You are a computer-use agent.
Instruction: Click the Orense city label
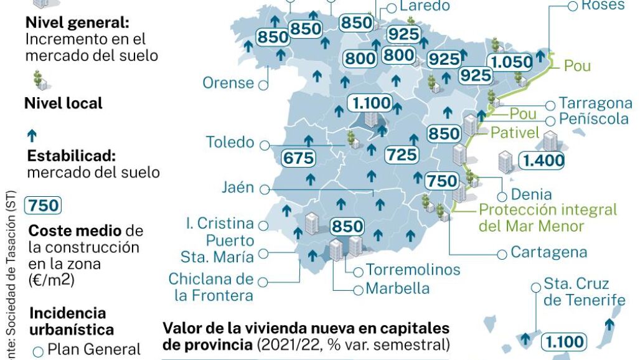pyautogui.click(x=228, y=83)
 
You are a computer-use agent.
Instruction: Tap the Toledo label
pyautogui.click(x=230, y=143)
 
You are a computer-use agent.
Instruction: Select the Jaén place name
pyautogui.click(x=238, y=187)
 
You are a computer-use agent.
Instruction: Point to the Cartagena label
pyautogui.click(x=548, y=252)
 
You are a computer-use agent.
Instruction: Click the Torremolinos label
pyautogui.click(x=413, y=270)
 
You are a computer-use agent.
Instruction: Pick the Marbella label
pyautogui.click(x=397, y=288)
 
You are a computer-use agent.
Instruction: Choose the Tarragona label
pyautogui.click(x=595, y=103)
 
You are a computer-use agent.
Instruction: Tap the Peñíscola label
pyautogui.click(x=593, y=118)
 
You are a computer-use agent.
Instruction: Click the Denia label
pyautogui.click(x=531, y=194)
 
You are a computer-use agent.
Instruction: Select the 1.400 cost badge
pyautogui.click(x=543, y=161)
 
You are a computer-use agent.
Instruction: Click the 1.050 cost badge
pyautogui.click(x=511, y=62)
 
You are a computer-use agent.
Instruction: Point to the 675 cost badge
pyautogui.click(x=298, y=158)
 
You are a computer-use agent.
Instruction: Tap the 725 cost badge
pyautogui.click(x=402, y=155)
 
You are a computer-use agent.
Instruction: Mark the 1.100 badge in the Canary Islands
pyautogui.click(x=563, y=341)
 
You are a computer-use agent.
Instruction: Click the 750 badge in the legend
pyautogui.click(x=44, y=206)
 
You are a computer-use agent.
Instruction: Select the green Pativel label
pyautogui.click(x=514, y=133)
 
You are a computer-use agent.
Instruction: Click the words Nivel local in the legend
pyautogui.click(x=63, y=103)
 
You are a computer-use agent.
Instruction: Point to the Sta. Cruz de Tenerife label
pyautogui.click(x=584, y=292)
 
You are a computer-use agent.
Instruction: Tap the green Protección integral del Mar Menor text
pyautogui.click(x=547, y=217)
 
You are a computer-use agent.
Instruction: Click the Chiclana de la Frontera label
pyautogui.click(x=211, y=287)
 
